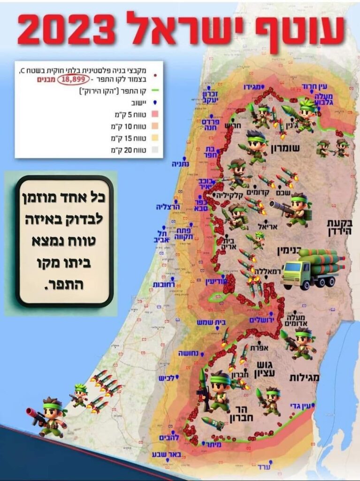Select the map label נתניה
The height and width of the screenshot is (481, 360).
181,163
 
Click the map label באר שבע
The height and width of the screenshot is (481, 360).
164,455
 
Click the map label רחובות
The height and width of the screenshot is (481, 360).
164,285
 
